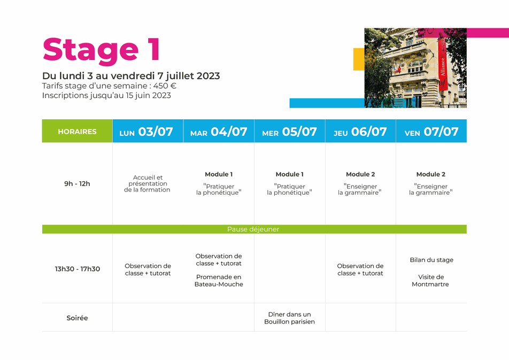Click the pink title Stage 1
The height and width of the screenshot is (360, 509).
(101, 50)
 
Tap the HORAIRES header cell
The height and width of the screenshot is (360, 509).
(77, 131)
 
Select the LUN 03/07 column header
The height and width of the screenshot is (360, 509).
(148, 131)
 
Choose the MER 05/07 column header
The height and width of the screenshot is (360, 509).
(290, 131)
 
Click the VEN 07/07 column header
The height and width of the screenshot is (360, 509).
(431, 131)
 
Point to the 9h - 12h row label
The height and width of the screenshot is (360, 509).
(77, 183)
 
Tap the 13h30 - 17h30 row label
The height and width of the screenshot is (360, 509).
(77, 269)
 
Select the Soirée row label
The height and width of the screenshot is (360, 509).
(77, 318)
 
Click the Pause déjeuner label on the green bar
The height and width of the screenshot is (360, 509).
(253, 229)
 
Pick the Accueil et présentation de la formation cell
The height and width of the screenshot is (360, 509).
(148, 183)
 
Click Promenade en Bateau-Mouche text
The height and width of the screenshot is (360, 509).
(219, 280)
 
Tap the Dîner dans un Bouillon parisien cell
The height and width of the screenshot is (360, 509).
(290, 318)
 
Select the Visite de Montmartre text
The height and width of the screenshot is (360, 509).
(431, 280)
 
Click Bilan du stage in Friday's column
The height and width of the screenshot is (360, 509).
(431, 259)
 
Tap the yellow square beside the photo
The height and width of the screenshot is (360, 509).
(359, 59)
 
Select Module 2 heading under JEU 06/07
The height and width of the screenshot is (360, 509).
(360, 174)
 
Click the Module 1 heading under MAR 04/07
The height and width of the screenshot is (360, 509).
(219, 174)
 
